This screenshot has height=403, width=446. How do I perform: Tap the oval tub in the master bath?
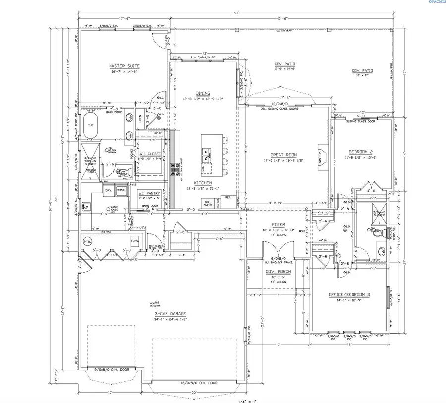coord(90,125)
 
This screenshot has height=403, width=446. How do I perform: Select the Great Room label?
coord(283,154)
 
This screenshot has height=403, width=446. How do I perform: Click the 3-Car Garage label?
coord(170,313)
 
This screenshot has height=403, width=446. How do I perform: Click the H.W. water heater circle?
coord(88,241)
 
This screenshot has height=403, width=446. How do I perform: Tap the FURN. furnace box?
coord(134,241)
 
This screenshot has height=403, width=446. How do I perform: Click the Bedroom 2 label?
coord(361,151)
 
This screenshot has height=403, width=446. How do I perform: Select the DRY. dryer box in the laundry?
coord(108,190)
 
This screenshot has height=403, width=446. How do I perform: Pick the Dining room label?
coord(203,93)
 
